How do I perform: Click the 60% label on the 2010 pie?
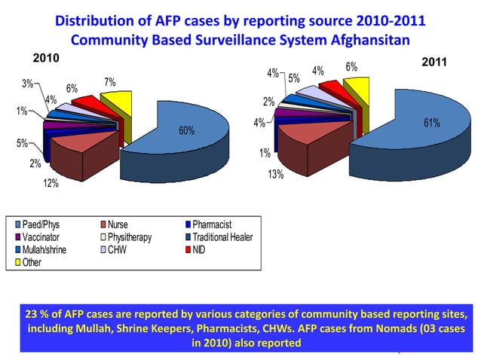(x=186, y=131)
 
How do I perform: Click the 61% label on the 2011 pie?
(x=431, y=123)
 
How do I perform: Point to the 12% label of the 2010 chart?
(x=51, y=182)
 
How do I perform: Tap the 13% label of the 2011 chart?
(x=275, y=175)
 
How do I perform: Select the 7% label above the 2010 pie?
(x=109, y=82)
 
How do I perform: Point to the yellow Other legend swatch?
(x=18, y=263)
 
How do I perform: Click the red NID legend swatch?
(x=187, y=250)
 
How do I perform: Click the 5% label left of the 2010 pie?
(x=23, y=142)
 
